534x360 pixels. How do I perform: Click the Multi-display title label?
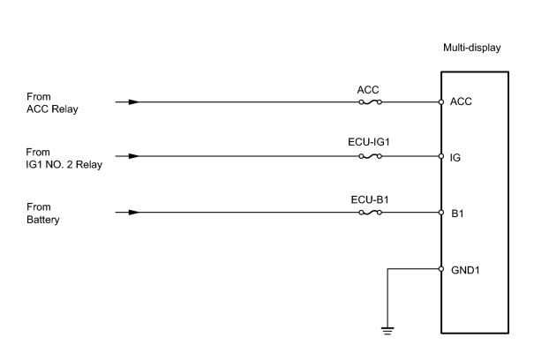(x=471, y=48)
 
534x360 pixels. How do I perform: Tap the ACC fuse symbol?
(x=370, y=101)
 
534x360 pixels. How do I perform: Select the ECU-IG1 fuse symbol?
(x=370, y=156)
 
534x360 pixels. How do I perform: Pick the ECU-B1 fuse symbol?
(x=370, y=213)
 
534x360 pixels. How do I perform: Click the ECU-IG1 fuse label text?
(x=369, y=142)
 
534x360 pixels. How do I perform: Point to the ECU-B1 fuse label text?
(x=370, y=199)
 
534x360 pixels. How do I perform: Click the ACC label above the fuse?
(x=368, y=90)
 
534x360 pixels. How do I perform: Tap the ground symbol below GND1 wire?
(x=387, y=331)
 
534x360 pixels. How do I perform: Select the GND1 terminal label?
(x=465, y=270)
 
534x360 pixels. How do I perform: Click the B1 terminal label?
(x=457, y=214)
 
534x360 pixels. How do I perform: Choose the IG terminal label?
(x=455, y=158)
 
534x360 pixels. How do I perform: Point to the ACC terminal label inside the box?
(x=461, y=101)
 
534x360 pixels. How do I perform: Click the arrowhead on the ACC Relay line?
(x=134, y=101)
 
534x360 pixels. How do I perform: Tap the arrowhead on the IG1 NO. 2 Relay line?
(x=134, y=156)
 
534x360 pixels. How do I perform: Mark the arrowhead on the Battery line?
(x=134, y=213)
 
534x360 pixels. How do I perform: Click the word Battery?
(x=43, y=220)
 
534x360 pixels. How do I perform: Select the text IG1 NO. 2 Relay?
(x=64, y=164)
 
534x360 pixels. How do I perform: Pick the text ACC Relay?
(x=52, y=109)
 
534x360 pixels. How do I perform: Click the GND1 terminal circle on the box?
(x=441, y=269)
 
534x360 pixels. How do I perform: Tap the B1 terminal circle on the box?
(x=441, y=213)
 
